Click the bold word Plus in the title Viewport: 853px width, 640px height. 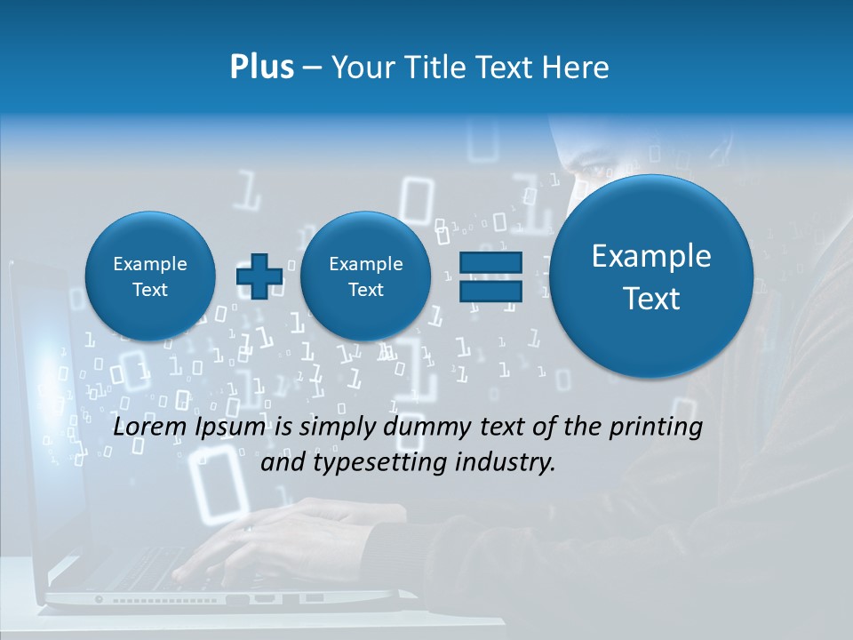(261, 68)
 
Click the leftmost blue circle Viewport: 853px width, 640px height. (149, 276)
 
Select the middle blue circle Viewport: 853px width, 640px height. (365, 276)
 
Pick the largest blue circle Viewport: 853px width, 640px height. (651, 276)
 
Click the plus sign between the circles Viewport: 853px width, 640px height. (259, 276)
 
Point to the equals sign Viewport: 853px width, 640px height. (490, 276)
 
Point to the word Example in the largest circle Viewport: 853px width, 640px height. (651, 256)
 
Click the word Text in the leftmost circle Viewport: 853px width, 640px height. (149, 290)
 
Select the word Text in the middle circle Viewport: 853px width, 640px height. (365, 290)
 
